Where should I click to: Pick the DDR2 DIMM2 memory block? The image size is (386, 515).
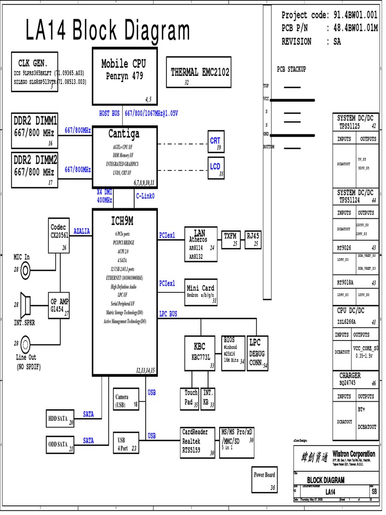[35, 170]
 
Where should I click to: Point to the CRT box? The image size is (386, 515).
[215, 141]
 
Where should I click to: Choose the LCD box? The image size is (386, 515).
[215, 167]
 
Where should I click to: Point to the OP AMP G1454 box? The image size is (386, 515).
[59, 306]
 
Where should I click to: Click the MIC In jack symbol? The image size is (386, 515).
[25, 270]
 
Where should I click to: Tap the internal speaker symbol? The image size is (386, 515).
[25, 303]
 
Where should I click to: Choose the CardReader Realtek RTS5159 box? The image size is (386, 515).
[198, 442]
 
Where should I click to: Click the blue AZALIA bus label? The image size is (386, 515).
[82, 231]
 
